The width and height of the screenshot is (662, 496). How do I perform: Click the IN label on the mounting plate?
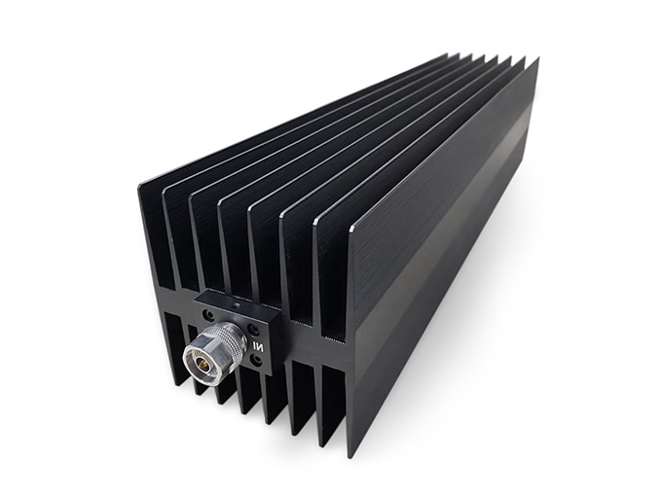[258, 343]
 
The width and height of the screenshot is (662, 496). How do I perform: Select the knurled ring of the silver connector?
[226, 340]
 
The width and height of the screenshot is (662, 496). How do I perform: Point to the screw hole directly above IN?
[254, 329]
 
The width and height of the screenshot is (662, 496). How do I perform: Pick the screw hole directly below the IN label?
[256, 360]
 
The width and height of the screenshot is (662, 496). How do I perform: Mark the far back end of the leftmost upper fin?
[448, 54]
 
